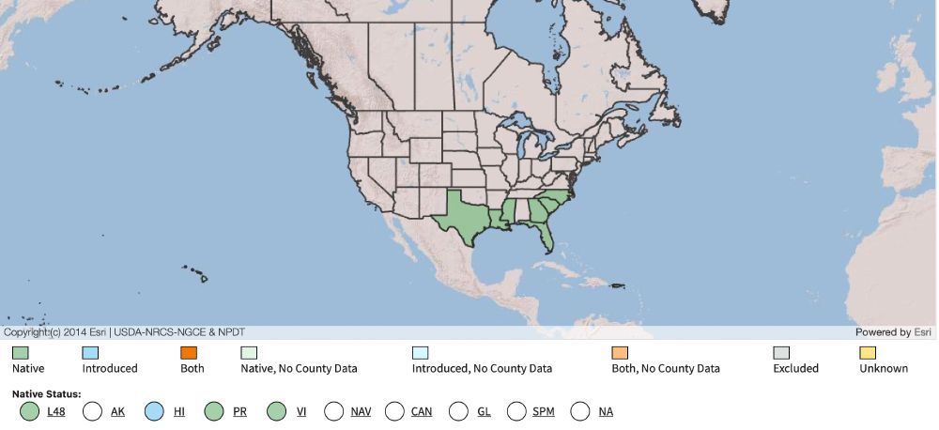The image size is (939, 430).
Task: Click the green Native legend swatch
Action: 20,353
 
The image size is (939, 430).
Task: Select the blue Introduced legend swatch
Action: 90,353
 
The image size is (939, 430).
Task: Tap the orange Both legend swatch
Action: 189,353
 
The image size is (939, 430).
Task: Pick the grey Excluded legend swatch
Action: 781,353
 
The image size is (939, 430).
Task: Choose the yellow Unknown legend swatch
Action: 868,353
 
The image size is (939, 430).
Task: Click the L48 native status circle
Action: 29,411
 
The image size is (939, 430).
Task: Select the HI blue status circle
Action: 155,411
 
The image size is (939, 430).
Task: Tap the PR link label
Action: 239,412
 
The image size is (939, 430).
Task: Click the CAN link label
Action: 422,412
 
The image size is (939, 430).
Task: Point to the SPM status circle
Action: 516,411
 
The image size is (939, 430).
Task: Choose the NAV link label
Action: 361,412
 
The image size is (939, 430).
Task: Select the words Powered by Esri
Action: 892,332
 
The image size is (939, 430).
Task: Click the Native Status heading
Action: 46,393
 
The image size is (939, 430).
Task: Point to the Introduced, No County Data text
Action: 482,369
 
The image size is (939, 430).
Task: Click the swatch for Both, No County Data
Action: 619,353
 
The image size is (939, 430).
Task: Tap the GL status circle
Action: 458,411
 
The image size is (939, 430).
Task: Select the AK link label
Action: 117,412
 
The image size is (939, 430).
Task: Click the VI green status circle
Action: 276,411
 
